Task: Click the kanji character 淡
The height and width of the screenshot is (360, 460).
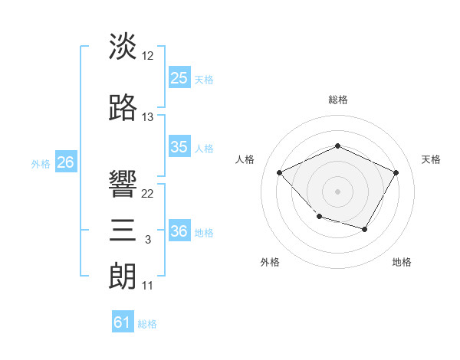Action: pos(123,47)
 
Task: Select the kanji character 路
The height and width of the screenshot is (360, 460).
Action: pos(123,108)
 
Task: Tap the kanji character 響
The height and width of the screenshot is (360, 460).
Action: pos(123,185)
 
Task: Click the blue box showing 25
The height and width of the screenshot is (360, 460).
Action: pos(179,78)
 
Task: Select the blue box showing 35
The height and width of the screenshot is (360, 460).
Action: pos(179,147)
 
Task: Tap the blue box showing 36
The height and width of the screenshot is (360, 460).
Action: pos(179,231)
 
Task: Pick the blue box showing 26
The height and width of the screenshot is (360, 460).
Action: pos(65,162)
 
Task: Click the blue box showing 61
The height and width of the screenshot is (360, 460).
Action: pos(123,322)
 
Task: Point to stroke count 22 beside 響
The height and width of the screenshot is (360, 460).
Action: pos(148,194)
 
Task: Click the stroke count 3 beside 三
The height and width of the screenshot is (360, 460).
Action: pos(148,240)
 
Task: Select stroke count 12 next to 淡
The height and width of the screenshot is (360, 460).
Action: pos(148,56)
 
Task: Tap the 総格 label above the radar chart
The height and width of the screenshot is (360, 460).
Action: pos(337,100)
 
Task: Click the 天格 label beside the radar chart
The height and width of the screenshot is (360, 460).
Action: pos(431,159)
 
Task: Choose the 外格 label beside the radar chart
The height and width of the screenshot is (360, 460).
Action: pos(269,262)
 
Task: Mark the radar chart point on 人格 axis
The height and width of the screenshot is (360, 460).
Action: pos(280,172)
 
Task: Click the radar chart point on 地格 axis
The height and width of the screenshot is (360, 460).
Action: pos(365,229)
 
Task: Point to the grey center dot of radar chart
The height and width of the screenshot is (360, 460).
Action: pos(337,191)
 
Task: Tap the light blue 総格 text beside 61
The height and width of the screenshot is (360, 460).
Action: pos(147,324)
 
